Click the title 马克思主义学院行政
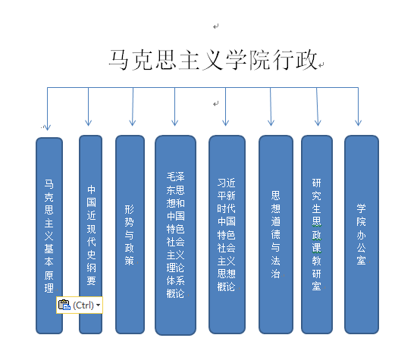coord(213,60)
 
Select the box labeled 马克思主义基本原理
coord(49,236)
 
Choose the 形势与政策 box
coord(130,234)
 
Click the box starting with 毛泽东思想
coord(176,235)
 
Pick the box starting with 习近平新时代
coord(227,234)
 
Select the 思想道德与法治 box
coord(276,234)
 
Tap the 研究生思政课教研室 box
coord(317,234)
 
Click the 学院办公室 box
coord(362,234)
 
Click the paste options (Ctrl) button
coord(80,305)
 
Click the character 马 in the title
coord(119,60)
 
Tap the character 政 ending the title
coord(307,60)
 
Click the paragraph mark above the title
coord(215,26)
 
